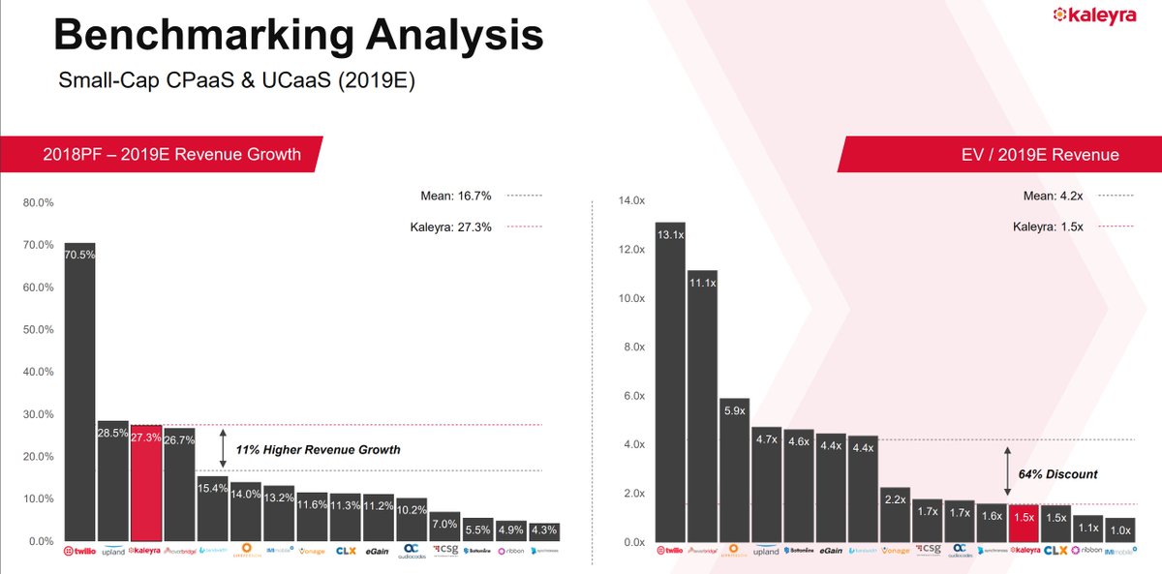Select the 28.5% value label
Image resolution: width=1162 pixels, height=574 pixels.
113,433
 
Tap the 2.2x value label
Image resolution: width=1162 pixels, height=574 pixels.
896,499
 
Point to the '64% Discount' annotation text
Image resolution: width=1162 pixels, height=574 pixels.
1057,474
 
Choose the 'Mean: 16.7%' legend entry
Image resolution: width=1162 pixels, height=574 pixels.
456,196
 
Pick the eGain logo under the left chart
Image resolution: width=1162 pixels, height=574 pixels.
377,552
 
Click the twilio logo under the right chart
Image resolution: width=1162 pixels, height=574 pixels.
670,551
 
